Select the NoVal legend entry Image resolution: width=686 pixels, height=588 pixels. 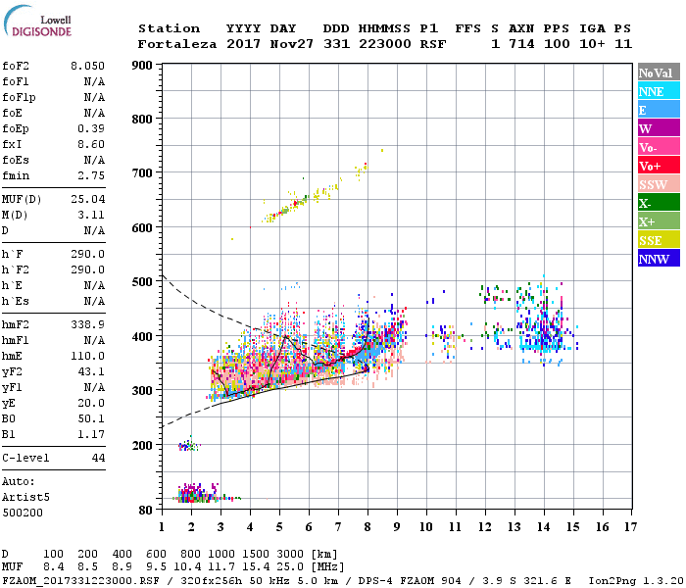[x=659, y=73]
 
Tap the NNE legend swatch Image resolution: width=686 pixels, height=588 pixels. [x=659, y=91]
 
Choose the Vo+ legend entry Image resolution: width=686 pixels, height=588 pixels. [x=659, y=166]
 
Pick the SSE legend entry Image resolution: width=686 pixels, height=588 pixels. [x=659, y=240]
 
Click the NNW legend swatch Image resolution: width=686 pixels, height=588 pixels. [x=659, y=259]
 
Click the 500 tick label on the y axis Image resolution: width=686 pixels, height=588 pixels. [x=142, y=282]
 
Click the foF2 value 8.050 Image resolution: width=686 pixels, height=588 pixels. [x=87, y=66]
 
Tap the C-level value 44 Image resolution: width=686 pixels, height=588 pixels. [x=98, y=458]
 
